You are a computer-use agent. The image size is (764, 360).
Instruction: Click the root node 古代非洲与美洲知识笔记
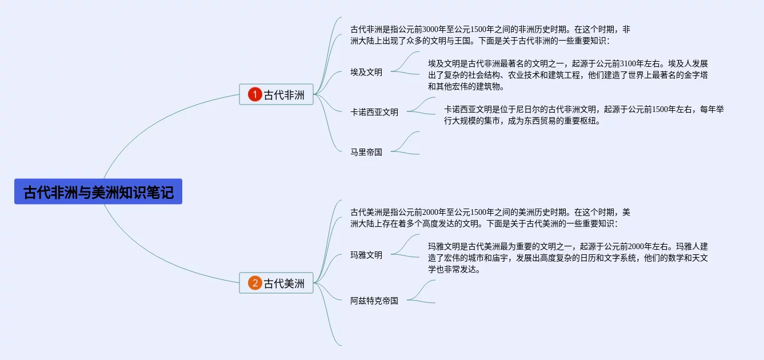click(x=98, y=191)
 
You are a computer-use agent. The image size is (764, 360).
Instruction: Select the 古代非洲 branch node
click(x=277, y=94)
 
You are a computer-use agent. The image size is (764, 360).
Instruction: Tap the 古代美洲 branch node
click(x=277, y=283)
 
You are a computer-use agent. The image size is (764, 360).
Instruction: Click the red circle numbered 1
click(x=255, y=94)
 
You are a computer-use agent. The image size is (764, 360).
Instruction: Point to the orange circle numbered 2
click(x=255, y=283)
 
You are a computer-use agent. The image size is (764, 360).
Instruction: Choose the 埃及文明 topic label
click(x=366, y=72)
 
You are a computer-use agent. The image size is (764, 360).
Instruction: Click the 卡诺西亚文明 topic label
click(x=374, y=112)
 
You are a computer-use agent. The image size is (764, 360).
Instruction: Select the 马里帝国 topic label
click(x=366, y=152)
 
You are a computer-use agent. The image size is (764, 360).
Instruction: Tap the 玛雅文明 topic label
click(x=366, y=255)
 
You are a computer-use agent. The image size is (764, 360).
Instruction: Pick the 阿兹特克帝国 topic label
click(x=374, y=301)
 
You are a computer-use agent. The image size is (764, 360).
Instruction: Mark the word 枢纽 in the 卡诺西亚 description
click(x=589, y=121)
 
